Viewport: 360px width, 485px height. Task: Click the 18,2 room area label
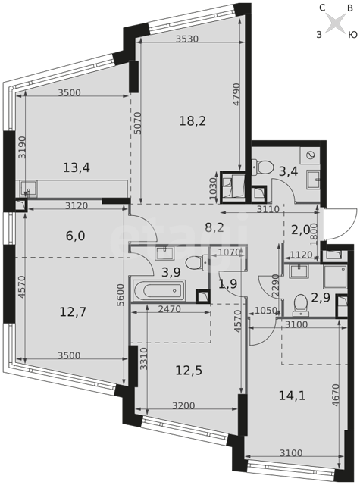(x=193, y=121)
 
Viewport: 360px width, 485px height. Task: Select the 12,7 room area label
(x=73, y=312)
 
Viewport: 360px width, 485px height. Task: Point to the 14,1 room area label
(x=292, y=396)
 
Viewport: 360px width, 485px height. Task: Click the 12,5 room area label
(x=189, y=370)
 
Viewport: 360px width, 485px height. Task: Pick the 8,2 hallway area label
(x=214, y=228)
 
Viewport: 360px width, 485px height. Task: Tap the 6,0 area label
(x=76, y=236)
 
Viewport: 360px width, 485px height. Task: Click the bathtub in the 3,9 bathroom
(x=159, y=291)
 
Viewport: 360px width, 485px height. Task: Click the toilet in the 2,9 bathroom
(x=301, y=305)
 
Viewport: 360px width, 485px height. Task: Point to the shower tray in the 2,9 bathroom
(x=335, y=277)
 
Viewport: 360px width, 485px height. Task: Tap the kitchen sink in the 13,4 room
(x=29, y=189)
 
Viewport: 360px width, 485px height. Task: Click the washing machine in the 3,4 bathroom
(x=309, y=155)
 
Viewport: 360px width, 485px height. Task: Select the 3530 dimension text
(x=186, y=39)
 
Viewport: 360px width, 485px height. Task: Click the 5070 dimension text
(x=138, y=123)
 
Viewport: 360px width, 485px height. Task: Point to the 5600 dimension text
(x=121, y=295)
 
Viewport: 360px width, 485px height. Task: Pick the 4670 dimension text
(x=336, y=395)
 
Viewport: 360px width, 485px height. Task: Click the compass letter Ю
(x=352, y=35)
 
